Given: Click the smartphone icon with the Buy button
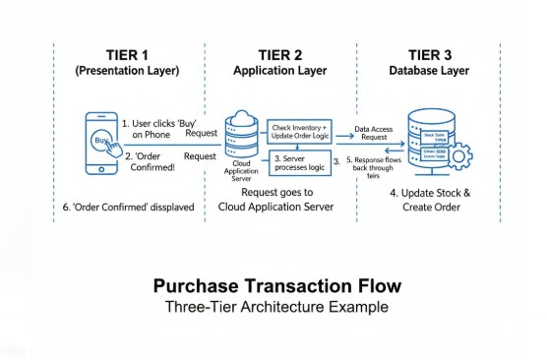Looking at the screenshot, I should [100, 143].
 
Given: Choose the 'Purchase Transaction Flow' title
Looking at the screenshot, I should [276, 286].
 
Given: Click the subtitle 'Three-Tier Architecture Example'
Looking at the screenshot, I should [276, 306].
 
